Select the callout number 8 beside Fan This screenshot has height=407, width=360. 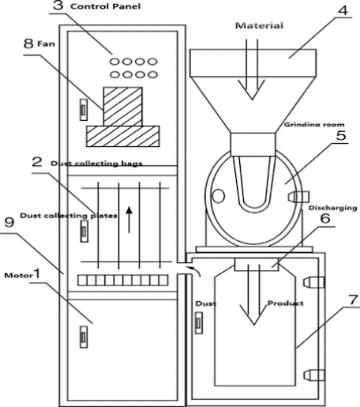click(28, 45)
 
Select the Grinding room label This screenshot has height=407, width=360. click(310, 126)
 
